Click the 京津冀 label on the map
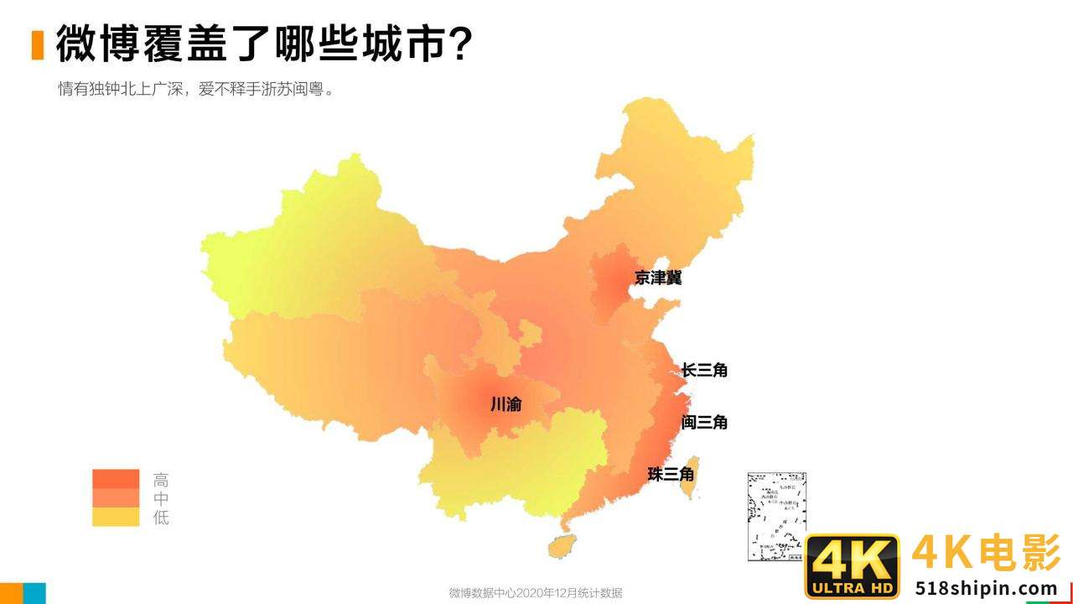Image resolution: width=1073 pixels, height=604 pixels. tap(658, 278)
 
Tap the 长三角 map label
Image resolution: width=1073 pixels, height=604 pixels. tap(704, 369)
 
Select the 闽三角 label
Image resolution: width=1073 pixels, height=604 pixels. tap(704, 422)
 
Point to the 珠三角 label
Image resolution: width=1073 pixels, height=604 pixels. tap(671, 474)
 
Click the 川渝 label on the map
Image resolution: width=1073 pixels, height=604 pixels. tap(505, 404)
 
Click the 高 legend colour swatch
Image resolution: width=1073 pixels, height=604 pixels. tap(116, 479)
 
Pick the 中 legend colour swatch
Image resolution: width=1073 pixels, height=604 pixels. tap(116, 498)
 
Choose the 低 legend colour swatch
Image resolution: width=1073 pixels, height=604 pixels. tap(116, 517)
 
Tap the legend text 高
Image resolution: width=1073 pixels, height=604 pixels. tap(161, 481)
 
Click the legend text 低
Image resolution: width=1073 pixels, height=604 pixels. tap(161, 518)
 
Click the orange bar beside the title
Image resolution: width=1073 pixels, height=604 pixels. tap(38, 44)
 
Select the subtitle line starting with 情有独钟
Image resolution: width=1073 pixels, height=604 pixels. tap(196, 89)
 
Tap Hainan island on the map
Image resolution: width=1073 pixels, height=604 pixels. tap(561, 546)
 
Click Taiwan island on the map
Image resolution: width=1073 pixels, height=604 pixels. tap(688, 478)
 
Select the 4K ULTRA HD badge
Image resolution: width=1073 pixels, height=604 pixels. tap(852, 566)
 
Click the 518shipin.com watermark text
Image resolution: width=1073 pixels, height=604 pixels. tap(986, 588)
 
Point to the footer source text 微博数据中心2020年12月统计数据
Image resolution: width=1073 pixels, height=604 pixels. tap(536, 593)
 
